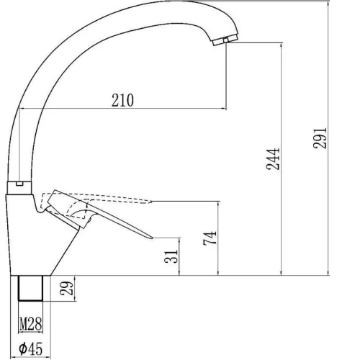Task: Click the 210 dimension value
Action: coord(122,100)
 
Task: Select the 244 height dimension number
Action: coord(273,159)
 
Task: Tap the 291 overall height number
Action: coord(320,138)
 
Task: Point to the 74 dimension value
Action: coord(210,238)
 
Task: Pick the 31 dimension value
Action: coord(171,256)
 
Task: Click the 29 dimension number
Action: coord(66,288)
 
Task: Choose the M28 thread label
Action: coord(30,324)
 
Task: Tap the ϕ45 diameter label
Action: coord(31,348)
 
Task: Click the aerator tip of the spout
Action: coord(225,40)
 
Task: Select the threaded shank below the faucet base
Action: coord(30,288)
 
